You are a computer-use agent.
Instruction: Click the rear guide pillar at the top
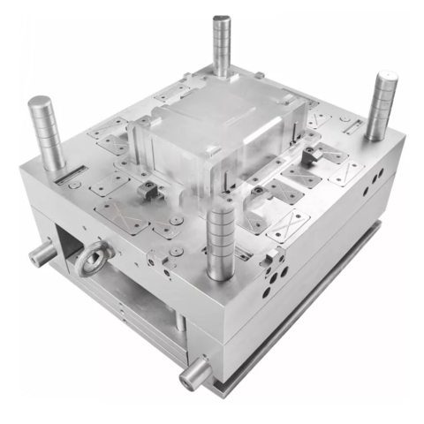[x=222, y=44]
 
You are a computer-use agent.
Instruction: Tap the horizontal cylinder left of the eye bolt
[x=41, y=254]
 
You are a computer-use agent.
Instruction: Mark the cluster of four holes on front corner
[x=276, y=269]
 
